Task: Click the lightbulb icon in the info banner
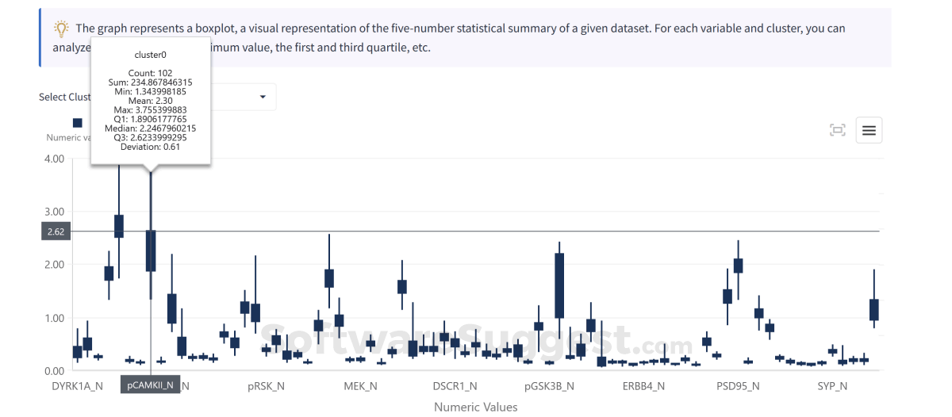coord(61,29)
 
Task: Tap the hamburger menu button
coord(869,131)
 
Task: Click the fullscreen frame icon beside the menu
coord(837,131)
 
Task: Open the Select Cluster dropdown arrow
coord(263,98)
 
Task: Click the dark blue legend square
coord(77,123)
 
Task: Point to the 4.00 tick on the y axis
coord(54,159)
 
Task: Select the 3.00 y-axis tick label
coord(54,212)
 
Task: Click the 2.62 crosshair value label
coord(56,232)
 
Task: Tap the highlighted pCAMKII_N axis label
coord(151,385)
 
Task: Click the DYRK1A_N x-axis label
coord(77,386)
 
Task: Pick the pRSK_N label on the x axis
coord(265,386)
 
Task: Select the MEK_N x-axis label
coord(360,386)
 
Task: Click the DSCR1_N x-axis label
coord(455,386)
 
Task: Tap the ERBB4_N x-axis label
coord(643,386)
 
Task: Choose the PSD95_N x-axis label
coord(738,386)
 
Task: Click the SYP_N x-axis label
coord(832,386)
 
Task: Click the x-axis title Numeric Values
coord(475,407)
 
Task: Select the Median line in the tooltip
coord(151,128)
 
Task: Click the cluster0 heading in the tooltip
coord(151,55)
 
